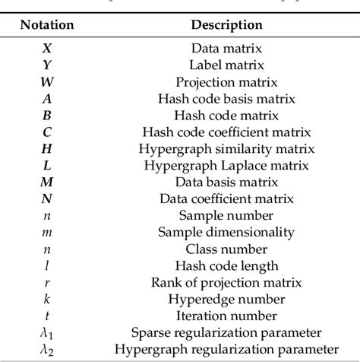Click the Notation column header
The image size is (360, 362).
pos(48,24)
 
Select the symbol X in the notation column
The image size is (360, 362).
pos(48,48)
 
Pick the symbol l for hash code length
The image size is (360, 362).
pos(48,265)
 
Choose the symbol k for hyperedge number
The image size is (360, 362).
pos(48,299)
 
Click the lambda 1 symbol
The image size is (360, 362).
pos(48,332)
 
